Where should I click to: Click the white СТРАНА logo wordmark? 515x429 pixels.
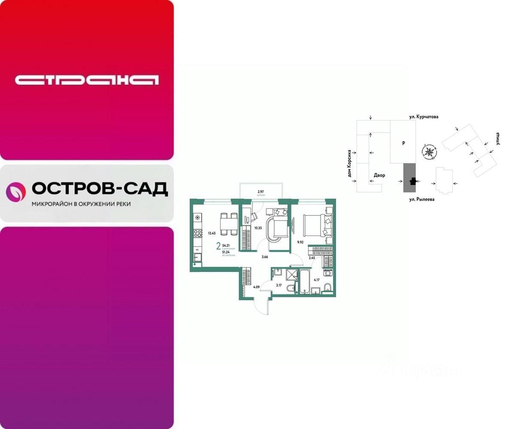87,80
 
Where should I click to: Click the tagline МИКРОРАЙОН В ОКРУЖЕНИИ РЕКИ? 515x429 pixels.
81,204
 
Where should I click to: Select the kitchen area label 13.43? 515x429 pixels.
212,233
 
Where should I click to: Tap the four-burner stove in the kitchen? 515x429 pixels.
198,233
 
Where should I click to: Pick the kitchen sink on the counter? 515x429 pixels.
198,257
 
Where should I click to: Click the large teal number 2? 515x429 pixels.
218,246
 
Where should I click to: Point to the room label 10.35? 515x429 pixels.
258,227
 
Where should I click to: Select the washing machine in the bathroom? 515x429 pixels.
328,273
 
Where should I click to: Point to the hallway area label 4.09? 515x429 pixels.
257,287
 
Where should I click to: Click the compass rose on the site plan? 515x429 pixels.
429,151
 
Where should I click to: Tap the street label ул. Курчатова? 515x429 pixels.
424,117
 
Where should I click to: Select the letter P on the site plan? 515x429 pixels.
403,144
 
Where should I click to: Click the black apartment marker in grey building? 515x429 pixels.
412,182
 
